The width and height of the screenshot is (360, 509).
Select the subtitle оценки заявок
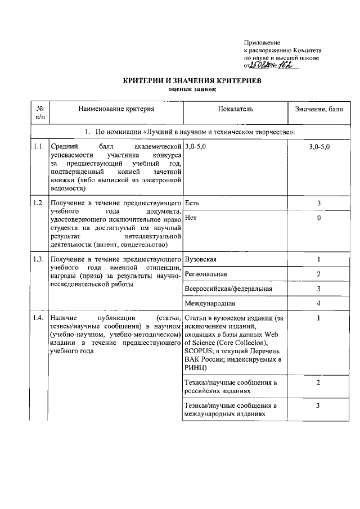click(x=192, y=89)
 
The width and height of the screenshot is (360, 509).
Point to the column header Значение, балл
click(x=318, y=109)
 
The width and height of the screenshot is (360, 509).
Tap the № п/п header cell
click(x=39, y=112)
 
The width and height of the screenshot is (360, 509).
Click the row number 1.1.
click(x=39, y=146)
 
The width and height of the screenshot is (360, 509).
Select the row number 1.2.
click(x=39, y=202)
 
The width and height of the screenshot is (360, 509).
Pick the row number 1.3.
click(x=39, y=259)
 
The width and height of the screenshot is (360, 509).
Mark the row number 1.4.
click(x=39, y=318)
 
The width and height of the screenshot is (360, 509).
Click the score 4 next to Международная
click(x=318, y=304)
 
